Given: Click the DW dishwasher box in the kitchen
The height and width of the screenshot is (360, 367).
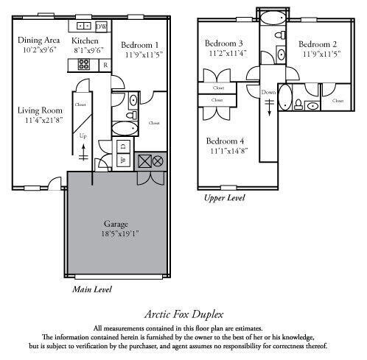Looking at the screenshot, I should click(x=102, y=27).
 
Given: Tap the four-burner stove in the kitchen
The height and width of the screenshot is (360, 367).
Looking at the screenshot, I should click(x=83, y=64).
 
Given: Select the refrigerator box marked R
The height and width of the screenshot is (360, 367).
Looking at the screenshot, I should click(x=105, y=65).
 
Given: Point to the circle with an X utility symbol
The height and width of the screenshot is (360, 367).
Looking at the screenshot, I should click(x=158, y=160).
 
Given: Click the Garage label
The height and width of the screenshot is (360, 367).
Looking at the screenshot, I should click(x=116, y=223).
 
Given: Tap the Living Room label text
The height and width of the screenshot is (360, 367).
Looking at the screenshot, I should click(x=41, y=111).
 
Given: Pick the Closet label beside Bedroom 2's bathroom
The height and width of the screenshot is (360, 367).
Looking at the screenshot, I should click(x=339, y=98).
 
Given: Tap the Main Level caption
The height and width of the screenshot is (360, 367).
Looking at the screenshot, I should click(x=92, y=289).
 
